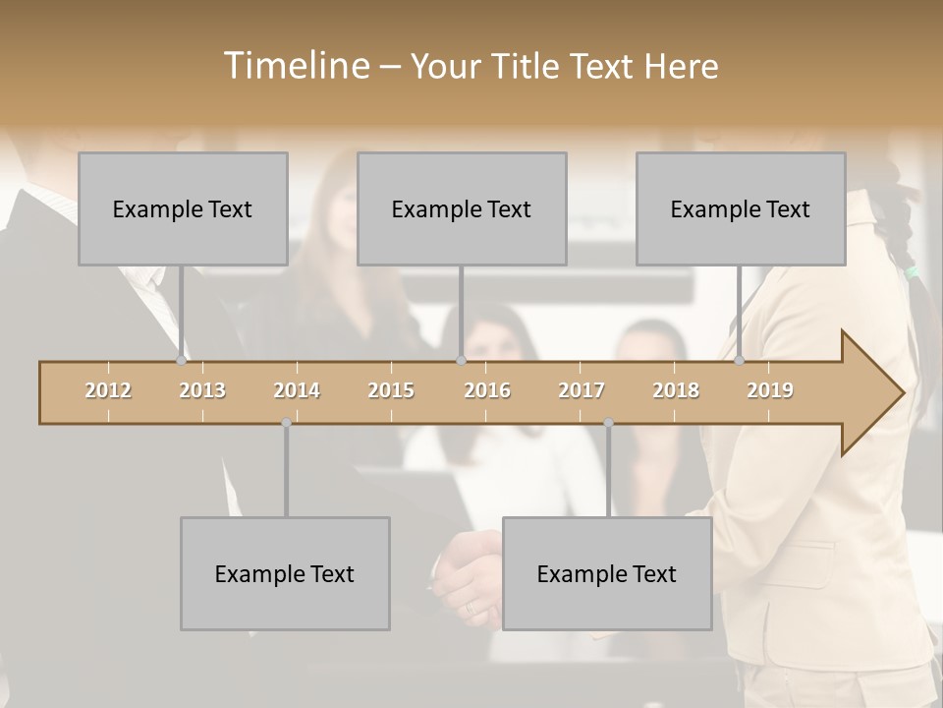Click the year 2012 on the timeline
108,390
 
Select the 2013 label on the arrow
202,390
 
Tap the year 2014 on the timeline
297,390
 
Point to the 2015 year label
391,390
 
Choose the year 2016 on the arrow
487,390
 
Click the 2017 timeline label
582,390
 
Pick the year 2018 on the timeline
676,390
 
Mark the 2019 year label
770,390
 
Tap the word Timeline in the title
294,66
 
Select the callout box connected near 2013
183,208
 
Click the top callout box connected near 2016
462,208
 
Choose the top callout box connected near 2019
741,208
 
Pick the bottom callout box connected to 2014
285,573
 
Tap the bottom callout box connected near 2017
607,573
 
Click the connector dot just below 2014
286,423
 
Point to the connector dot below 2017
608,423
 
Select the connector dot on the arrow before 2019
739,361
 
